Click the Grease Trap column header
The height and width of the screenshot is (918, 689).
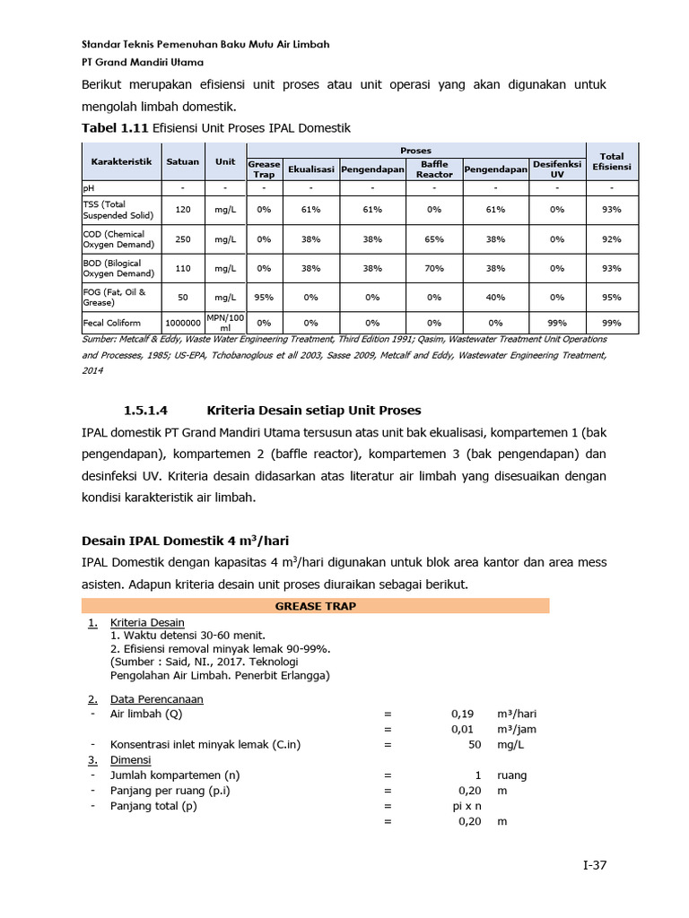pos(264,169)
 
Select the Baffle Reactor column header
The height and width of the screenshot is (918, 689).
pos(434,169)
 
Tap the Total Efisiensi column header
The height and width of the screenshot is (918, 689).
pos(612,161)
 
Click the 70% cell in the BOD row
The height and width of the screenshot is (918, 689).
pos(434,268)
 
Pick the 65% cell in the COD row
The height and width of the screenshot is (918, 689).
pos(434,239)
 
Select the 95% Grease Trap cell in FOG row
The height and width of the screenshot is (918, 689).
pos(264,297)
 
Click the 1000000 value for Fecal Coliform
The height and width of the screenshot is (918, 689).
pos(183,322)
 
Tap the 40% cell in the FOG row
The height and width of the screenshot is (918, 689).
pos(495,297)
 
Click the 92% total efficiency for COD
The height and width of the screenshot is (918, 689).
pos(612,239)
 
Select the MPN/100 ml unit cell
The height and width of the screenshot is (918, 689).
pos(225,322)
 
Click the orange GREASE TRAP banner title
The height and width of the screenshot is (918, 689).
pos(315,606)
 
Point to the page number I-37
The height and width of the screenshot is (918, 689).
pos(595,865)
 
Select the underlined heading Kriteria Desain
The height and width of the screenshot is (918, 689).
pos(147,622)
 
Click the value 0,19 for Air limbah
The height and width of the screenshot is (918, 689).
pos(462,714)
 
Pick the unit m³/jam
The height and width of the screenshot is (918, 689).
pos(516,729)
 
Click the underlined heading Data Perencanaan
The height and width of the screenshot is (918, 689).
pos(156,698)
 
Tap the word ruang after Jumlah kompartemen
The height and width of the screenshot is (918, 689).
pos(512,775)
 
